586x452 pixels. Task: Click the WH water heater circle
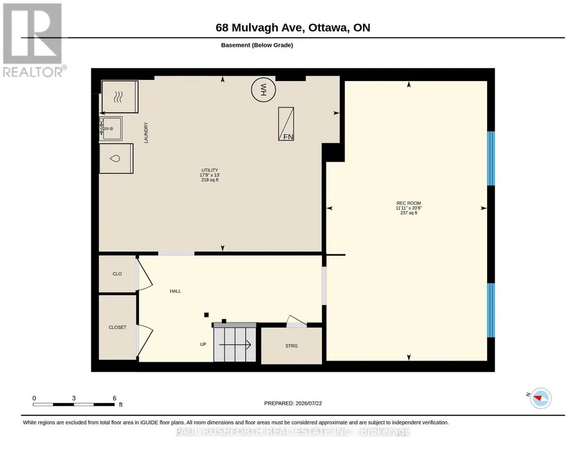264,90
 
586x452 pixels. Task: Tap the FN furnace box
286,124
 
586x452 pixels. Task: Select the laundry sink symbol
110,128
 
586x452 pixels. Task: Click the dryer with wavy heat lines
119,96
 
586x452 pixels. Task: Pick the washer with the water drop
116,159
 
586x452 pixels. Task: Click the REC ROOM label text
409,203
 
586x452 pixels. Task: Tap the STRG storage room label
292,346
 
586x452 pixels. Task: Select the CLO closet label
117,274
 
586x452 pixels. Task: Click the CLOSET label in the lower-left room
117,328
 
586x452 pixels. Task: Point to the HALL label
176,291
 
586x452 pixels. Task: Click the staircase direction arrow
235,345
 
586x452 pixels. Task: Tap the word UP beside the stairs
204,344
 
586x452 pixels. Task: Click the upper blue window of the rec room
491,159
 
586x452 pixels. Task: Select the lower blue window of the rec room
491,310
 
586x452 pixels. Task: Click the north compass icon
541,398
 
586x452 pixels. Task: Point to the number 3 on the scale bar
74,398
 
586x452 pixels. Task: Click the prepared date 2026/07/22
309,403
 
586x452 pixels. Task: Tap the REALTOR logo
34,41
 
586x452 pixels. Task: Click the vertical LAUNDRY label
146,133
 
